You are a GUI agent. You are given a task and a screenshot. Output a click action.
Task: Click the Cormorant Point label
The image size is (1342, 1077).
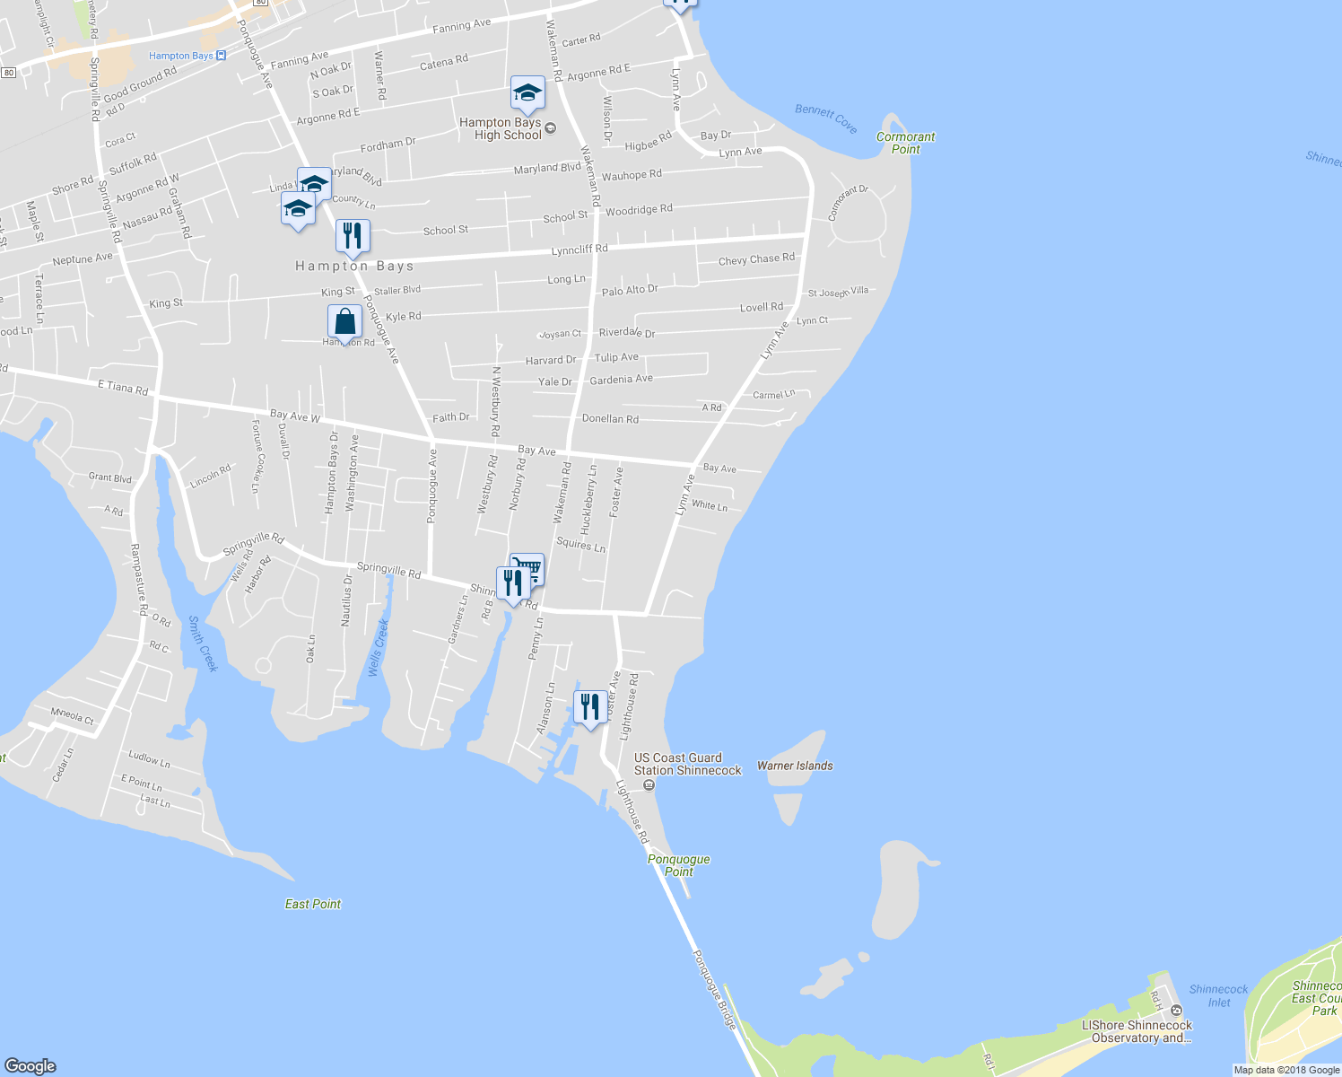click(905, 143)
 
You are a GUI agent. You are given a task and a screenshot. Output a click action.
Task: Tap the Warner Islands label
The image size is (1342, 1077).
click(795, 766)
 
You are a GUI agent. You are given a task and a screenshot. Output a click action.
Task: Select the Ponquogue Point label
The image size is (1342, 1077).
click(679, 865)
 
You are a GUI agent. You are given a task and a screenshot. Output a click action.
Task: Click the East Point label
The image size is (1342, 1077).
click(313, 904)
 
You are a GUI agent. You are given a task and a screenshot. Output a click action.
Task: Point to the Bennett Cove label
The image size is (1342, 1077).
click(826, 118)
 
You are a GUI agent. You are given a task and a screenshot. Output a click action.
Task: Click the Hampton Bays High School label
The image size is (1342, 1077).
click(501, 128)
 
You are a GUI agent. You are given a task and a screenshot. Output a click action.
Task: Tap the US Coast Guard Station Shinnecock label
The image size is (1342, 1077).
click(688, 764)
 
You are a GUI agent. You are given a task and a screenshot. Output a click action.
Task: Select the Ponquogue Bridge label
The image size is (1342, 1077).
click(715, 989)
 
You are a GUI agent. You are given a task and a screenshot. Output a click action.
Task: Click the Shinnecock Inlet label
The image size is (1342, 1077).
click(1218, 995)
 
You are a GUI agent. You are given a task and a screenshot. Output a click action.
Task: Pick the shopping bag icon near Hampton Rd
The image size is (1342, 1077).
click(344, 321)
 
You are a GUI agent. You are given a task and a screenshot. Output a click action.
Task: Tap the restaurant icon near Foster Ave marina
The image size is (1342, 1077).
click(589, 707)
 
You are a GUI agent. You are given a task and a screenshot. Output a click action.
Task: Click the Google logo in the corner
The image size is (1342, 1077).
click(30, 1065)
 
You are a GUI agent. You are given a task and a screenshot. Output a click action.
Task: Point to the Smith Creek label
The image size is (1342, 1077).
click(203, 644)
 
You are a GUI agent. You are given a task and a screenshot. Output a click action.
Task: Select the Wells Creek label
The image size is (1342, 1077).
click(379, 646)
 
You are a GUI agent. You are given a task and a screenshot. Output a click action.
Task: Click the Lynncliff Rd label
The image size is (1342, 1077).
click(579, 250)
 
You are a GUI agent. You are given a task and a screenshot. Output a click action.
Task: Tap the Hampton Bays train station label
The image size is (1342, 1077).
click(181, 56)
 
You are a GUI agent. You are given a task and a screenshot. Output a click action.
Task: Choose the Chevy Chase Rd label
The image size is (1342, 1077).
click(756, 259)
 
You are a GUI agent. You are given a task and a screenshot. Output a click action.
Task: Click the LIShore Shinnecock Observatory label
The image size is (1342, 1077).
click(1137, 1031)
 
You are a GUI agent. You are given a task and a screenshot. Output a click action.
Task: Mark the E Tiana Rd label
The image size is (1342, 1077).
click(123, 387)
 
